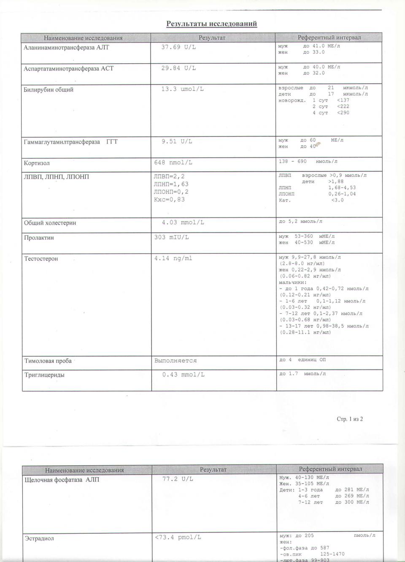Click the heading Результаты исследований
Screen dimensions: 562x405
(x=211, y=24)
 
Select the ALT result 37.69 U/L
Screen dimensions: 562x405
(x=178, y=47)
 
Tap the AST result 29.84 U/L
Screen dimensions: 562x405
(x=178, y=68)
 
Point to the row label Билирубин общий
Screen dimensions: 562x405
(x=49, y=90)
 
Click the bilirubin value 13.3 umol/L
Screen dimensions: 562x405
(x=182, y=89)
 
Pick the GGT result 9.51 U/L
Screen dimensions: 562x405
(x=177, y=141)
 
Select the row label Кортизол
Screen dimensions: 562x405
(x=37, y=163)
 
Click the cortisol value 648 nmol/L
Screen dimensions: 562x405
(x=173, y=162)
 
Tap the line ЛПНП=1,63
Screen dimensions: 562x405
(x=171, y=184)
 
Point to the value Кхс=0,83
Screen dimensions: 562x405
(x=169, y=199)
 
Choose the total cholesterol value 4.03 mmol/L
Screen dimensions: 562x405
(x=183, y=222)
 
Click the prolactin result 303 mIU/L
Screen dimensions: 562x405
(x=171, y=237)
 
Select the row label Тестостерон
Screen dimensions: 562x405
(x=41, y=259)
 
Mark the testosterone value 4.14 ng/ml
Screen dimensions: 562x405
(x=173, y=258)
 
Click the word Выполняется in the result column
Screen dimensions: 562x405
(x=175, y=361)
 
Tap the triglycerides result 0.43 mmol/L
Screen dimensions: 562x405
(x=183, y=375)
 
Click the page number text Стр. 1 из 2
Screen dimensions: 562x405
(x=350, y=419)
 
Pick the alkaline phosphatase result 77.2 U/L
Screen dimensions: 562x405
(x=178, y=479)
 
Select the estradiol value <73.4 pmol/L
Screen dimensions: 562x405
(x=178, y=538)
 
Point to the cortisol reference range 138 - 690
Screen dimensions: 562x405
(x=293, y=161)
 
